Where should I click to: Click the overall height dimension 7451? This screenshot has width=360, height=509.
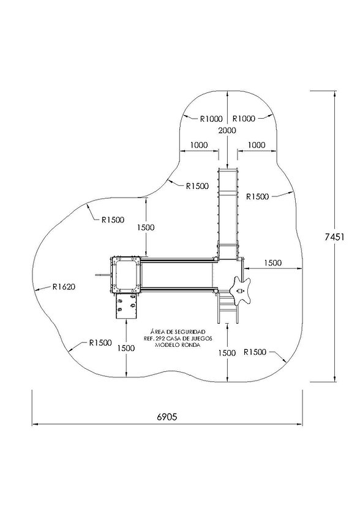coord(334,237)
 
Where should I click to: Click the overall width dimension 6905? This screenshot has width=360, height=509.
coord(167,417)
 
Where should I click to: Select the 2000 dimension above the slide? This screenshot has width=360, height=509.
coord(227,130)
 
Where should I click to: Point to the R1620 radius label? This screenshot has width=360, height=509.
coord(64,287)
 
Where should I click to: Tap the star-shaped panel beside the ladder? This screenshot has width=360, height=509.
coord(241,291)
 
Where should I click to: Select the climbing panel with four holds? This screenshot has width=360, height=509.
coord(126,306)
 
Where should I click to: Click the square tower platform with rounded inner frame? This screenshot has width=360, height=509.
coord(126,274)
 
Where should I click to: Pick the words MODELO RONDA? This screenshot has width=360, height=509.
coord(178,345)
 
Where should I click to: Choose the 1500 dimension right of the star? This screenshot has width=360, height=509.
coord(272,263)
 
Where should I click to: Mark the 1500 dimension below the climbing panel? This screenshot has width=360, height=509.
coord(126,348)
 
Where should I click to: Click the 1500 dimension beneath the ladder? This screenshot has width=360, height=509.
coord(227,353)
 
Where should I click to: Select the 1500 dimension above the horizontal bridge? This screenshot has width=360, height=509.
coord(146,228)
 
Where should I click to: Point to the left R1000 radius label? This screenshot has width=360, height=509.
coord(211,119)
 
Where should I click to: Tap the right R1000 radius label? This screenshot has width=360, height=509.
coord(244,119)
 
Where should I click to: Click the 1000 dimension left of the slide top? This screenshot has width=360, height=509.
coord(199,145)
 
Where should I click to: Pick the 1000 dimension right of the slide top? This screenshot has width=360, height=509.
coord(257,145)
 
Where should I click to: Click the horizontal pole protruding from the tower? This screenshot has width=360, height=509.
coord(103,275)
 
